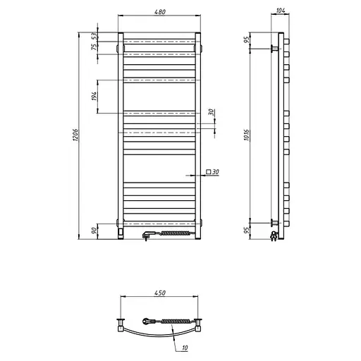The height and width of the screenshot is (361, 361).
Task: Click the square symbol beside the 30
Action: (209, 172)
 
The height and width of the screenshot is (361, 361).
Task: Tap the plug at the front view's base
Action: (147, 235)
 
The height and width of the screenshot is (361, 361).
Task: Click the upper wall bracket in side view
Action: (274, 48)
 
